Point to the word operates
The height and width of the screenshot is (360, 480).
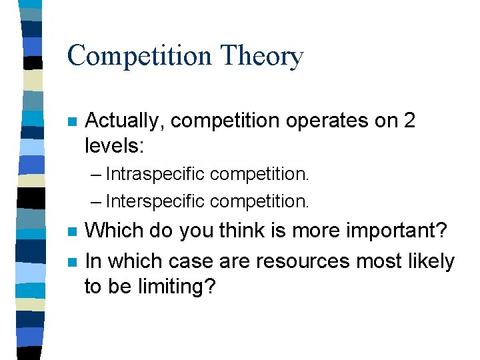pyautogui.click(x=327, y=122)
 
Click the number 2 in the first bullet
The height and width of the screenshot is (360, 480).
pyautogui.click(x=409, y=121)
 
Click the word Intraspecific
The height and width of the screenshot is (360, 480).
pyautogui.click(x=155, y=175)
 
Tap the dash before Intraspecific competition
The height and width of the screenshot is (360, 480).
pyautogui.click(x=96, y=175)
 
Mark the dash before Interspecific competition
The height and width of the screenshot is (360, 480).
pyautogui.click(x=96, y=201)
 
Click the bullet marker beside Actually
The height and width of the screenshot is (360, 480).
pyautogui.click(x=73, y=122)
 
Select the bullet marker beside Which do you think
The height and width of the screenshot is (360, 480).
pyautogui.click(x=73, y=231)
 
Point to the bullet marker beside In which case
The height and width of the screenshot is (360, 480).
pyautogui.click(x=73, y=261)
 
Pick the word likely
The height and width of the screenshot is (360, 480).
pyautogui.click(x=431, y=261)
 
